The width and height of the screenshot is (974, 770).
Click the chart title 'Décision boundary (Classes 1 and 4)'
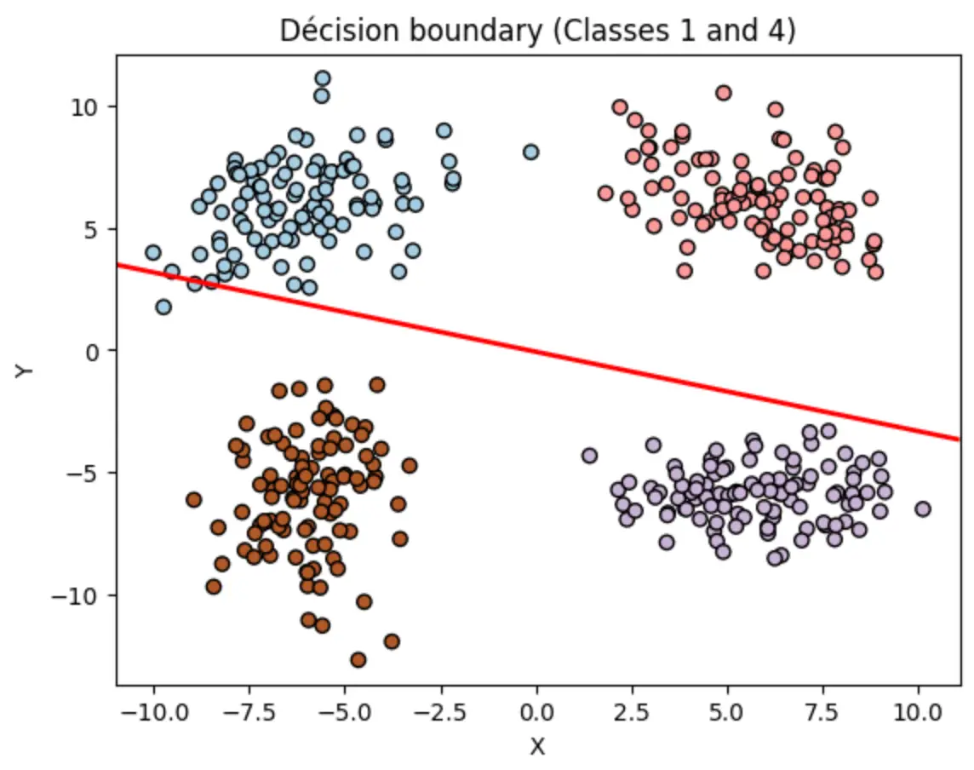tap(537, 30)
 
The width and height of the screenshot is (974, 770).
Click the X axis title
tap(537, 746)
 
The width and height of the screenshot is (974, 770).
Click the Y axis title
tap(24, 371)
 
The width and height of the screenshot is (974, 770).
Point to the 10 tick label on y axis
tap(84, 107)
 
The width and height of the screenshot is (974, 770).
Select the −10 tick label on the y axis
tap(75, 596)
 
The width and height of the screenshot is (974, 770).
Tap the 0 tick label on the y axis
tap(93, 353)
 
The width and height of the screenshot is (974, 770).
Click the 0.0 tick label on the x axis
tap(536, 711)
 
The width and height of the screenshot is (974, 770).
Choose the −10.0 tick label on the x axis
tap(154, 711)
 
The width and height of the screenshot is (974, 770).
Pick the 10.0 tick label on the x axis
tap(918, 711)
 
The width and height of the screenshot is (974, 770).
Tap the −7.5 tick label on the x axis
tap(249, 711)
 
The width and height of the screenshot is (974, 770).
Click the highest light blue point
tap(323, 78)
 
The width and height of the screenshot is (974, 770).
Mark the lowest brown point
tap(358, 659)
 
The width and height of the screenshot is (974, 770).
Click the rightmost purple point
tap(922, 509)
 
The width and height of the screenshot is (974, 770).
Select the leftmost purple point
tap(589, 455)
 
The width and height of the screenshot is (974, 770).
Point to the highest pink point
tap(723, 93)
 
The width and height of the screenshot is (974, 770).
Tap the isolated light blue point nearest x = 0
tap(530, 152)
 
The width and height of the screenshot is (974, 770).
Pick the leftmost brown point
tap(194, 499)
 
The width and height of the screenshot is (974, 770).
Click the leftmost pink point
tap(605, 192)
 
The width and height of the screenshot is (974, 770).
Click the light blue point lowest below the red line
tap(163, 307)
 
